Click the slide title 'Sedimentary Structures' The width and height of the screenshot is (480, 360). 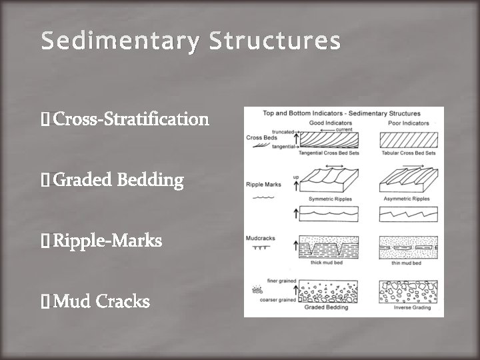tap(191, 41)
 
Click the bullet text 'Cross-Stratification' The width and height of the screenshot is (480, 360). tap(131, 119)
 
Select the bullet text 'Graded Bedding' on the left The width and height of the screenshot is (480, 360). tap(118, 180)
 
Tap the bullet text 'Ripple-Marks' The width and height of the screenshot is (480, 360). tap(107, 241)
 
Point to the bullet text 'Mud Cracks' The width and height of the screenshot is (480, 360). tap(101, 301)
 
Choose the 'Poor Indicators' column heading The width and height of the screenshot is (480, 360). tap(408, 123)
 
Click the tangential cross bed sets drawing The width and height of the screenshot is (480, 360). tap(329, 140)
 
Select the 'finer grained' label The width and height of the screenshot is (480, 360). tap(262, 281)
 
